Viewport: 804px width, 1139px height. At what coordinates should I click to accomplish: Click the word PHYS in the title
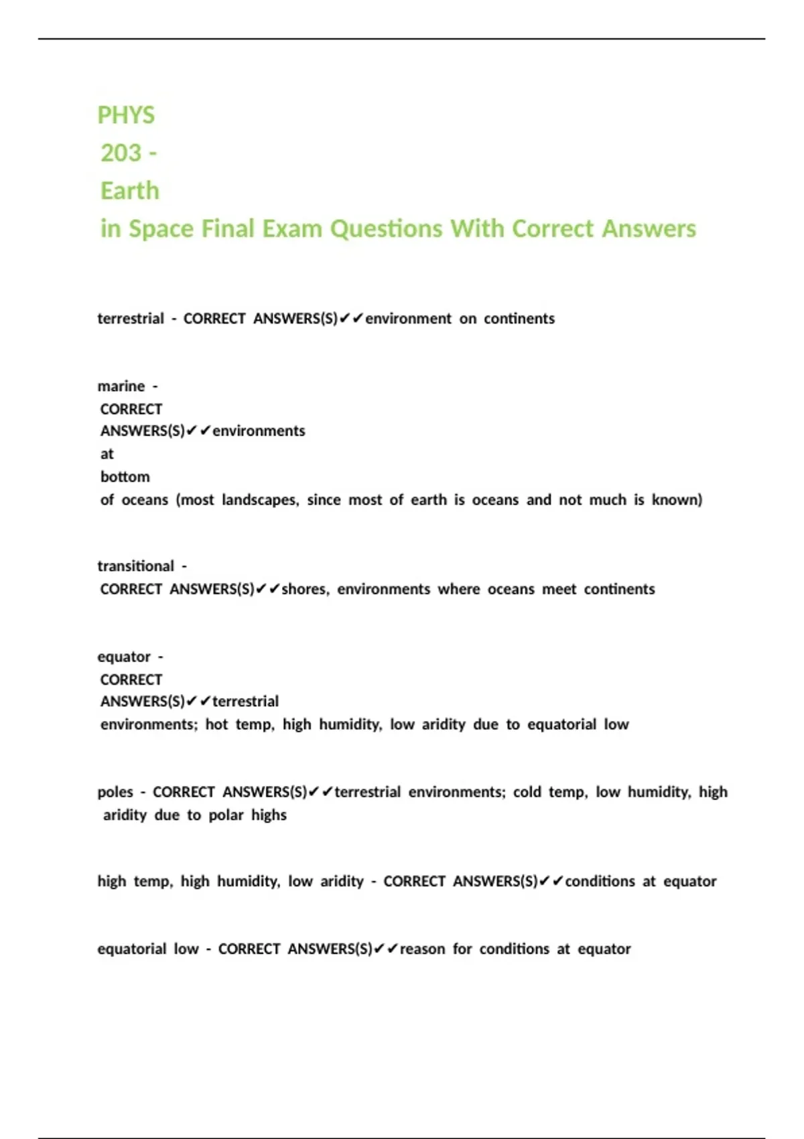click(126, 115)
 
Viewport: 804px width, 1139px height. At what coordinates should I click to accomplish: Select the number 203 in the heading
click(121, 153)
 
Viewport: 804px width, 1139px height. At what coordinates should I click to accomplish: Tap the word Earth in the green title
click(130, 191)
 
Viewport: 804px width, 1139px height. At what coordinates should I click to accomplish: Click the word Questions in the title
click(387, 228)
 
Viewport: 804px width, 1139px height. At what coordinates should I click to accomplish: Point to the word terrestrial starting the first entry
click(131, 318)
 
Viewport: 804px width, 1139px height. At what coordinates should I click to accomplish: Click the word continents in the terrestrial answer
click(519, 318)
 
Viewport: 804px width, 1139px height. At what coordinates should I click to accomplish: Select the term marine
click(121, 386)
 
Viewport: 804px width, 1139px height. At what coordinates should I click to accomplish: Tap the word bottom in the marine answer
click(125, 476)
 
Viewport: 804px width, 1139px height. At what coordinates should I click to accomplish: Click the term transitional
click(136, 566)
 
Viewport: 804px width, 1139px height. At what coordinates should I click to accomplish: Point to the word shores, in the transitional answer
click(306, 589)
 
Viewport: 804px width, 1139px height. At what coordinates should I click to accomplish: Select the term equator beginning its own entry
click(124, 657)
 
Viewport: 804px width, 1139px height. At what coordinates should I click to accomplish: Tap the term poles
click(115, 792)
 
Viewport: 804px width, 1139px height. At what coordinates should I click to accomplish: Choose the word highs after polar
click(269, 815)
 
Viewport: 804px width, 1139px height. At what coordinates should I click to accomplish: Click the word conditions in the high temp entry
click(600, 881)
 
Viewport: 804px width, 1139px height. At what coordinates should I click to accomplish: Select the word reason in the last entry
click(422, 949)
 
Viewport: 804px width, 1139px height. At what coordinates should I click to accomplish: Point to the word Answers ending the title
click(649, 228)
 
